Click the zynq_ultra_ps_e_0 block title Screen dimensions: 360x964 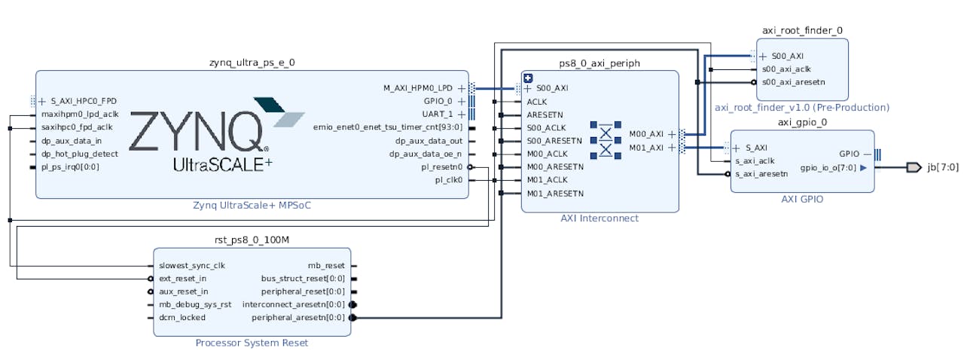coord(252,63)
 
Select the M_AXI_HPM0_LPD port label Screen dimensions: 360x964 coord(418,88)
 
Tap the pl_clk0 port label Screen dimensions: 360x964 coord(448,180)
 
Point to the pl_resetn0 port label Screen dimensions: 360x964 coord(442,167)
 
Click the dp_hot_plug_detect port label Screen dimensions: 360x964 coord(80,154)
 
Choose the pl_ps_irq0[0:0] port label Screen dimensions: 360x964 coord(70,166)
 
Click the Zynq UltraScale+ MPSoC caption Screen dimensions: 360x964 coord(252,206)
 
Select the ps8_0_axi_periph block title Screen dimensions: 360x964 coord(599,63)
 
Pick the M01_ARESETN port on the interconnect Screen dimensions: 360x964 coord(555,194)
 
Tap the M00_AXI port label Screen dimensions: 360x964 coord(646,134)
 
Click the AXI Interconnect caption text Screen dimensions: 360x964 coord(599,218)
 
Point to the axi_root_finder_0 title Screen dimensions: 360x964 coord(802,31)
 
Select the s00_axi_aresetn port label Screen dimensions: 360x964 coord(793,82)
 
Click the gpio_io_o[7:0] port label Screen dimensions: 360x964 coord(828,168)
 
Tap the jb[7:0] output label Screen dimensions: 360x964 coord(942,167)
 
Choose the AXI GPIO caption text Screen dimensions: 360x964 coord(802,200)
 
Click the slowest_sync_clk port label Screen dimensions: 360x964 coord(191,266)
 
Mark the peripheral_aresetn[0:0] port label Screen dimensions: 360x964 coord(298,317)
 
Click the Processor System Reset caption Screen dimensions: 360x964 coord(252,343)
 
